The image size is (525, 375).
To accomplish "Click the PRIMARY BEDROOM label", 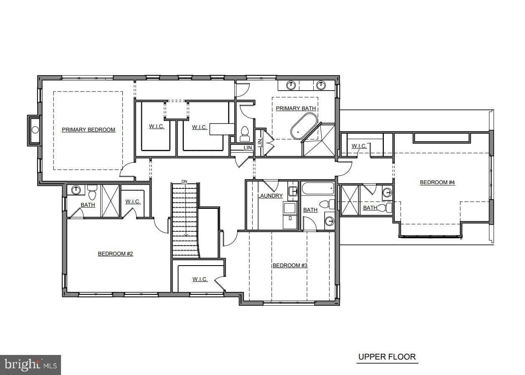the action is pos(89,129).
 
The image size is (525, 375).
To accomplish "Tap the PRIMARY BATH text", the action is pos(296,108).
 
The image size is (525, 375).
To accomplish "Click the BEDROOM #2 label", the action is pos(115,253).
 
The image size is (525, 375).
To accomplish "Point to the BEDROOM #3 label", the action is pos(290,265).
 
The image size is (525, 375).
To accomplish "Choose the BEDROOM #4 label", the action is pos(437,182).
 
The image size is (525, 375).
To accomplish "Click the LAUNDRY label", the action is pos(270,196).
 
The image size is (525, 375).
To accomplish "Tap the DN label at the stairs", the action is pos(185,181).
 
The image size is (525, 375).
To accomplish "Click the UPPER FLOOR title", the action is pos(387,357).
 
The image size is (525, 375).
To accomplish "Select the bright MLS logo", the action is pos(30,365).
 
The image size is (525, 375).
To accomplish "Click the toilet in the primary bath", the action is pos(244,134).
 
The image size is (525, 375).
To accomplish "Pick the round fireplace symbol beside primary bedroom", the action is pos(35,129).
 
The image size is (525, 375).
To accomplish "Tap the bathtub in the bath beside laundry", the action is pos(318,189).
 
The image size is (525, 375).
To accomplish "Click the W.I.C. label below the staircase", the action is pos(200,279).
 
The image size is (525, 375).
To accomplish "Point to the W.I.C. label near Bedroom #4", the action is pos(359,146).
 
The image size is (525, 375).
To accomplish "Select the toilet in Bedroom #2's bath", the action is pos(92,193).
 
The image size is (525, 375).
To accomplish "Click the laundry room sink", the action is pos(292,191).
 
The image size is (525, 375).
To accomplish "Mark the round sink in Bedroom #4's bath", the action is pos(387,193).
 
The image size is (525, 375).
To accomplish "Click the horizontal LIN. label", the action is pos(248,148).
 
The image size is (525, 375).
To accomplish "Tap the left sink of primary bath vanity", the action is pos(291,85).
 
